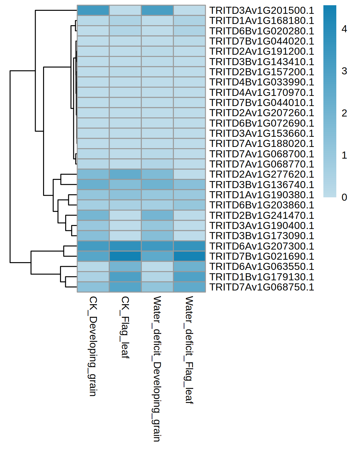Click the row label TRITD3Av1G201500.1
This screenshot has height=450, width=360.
(x=262, y=10)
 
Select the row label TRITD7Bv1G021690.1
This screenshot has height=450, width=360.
(x=262, y=256)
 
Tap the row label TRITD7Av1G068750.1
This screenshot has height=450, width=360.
(x=262, y=287)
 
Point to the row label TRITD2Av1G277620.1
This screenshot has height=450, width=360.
(x=262, y=174)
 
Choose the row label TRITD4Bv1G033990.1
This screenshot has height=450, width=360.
(x=262, y=82)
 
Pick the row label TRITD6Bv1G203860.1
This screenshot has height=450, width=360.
(x=262, y=205)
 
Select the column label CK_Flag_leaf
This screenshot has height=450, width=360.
(x=125, y=327)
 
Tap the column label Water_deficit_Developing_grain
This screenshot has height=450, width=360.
(x=157, y=369)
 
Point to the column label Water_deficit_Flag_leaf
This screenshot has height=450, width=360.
(x=189, y=350)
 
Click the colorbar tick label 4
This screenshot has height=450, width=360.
(x=344, y=29)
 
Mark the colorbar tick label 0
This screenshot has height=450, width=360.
(x=344, y=197)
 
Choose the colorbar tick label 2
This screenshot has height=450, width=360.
(x=344, y=113)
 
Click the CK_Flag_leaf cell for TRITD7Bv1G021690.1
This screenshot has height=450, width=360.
(x=125, y=256)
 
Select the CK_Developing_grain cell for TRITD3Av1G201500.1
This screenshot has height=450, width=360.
(x=93, y=10)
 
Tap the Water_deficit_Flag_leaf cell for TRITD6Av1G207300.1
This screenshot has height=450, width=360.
(x=190, y=246)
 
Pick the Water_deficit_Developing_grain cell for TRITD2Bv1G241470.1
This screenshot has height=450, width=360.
(x=157, y=215)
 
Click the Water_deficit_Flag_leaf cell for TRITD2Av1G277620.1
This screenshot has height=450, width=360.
(x=190, y=174)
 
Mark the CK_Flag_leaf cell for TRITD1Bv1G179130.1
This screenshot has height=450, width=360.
(x=125, y=277)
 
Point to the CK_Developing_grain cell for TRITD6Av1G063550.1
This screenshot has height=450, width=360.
(x=93, y=266)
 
